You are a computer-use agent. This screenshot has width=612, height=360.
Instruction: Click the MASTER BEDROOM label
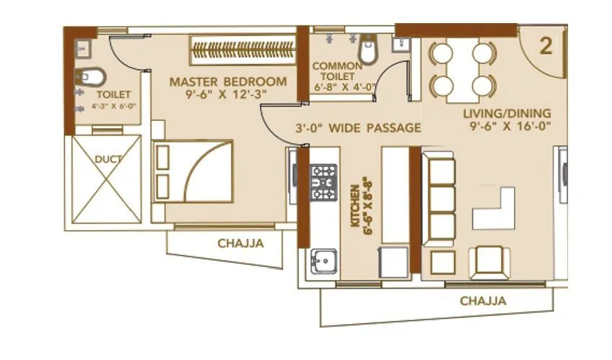point(228,81)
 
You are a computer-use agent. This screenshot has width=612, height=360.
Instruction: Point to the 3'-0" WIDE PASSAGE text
point(358,129)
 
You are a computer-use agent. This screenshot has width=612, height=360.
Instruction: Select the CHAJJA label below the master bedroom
point(240,243)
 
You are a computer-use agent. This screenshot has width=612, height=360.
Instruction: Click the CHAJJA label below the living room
point(482,300)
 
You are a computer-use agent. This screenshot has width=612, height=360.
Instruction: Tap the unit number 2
point(546,47)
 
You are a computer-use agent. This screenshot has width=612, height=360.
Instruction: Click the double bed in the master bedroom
point(194,171)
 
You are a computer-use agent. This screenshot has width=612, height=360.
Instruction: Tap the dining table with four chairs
point(462,68)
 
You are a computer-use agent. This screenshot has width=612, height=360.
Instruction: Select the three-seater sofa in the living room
point(438,194)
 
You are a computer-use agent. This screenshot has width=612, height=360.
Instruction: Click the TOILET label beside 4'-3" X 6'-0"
point(112,94)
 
